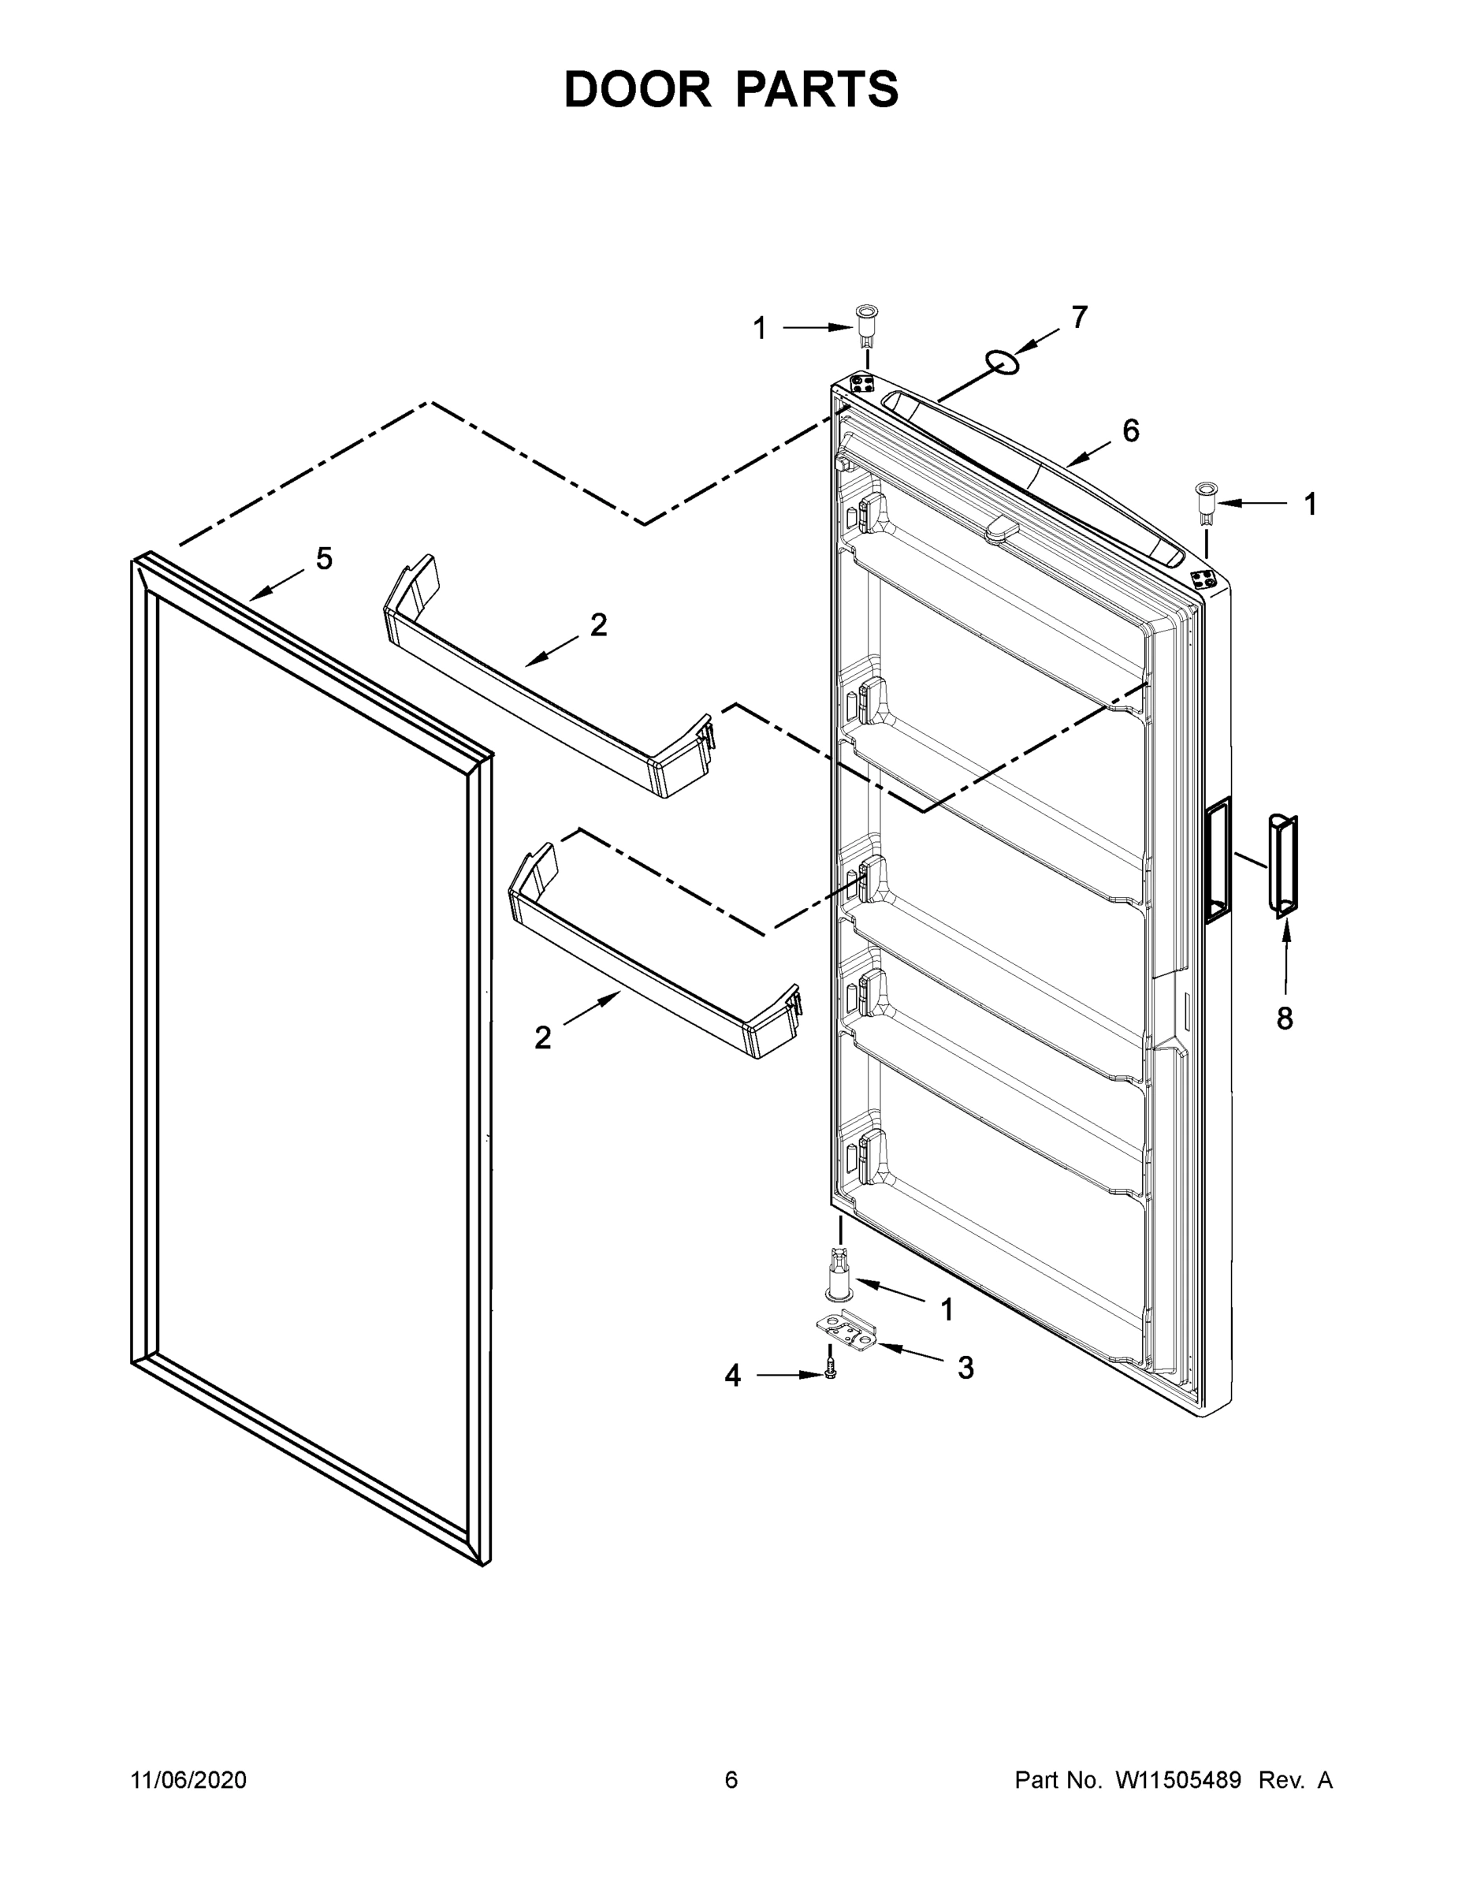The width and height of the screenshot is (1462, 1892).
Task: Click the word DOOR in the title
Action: pos(637,89)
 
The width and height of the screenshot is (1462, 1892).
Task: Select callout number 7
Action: pos(1078,318)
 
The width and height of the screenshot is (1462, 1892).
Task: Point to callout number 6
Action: pos(1131,430)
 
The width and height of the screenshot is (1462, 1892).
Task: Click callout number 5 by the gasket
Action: pos(324,559)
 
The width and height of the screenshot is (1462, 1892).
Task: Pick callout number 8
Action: pos(1285,1018)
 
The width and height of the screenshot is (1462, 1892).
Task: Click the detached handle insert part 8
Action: pos(1283,864)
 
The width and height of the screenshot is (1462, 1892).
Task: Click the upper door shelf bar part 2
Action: pos(545,680)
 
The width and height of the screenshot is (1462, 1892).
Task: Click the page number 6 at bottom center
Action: pos(731,1779)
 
